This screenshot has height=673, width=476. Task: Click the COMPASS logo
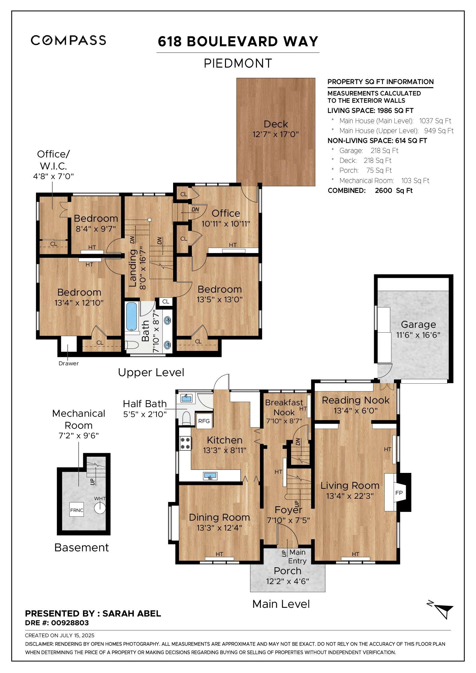[68, 40]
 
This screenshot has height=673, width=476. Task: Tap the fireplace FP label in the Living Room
[399, 493]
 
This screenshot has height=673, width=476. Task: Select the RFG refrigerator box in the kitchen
[204, 421]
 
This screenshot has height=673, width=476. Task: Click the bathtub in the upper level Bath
[131, 316]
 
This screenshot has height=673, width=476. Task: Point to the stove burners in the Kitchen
[185, 443]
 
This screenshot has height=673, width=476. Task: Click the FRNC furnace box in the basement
[77, 510]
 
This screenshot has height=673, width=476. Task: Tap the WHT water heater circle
[100, 508]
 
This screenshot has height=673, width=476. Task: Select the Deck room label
[276, 124]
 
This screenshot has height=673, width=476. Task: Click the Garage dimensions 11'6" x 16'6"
[418, 335]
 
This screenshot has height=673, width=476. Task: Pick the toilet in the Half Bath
[187, 418]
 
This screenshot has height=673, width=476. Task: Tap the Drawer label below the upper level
[69, 363]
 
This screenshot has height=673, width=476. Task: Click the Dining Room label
[219, 517]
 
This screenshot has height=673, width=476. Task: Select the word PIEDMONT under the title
[238, 63]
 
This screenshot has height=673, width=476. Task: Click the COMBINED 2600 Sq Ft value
[394, 190]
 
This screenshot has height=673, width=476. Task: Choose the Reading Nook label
[355, 400]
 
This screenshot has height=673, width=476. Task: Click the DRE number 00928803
[70, 623]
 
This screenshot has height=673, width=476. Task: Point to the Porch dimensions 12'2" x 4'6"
[287, 581]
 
